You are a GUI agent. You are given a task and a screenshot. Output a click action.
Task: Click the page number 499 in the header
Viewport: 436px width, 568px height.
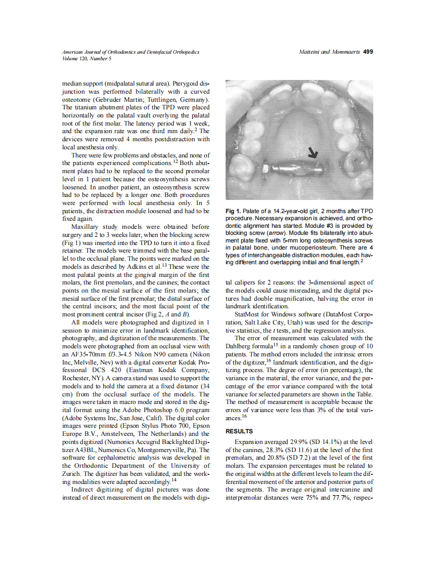368,52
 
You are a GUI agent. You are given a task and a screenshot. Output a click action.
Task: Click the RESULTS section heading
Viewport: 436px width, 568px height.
239,431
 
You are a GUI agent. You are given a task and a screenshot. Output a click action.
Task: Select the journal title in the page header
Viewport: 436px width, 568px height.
130,52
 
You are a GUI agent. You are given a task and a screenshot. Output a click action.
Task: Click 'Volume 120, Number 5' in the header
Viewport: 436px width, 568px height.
86,58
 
